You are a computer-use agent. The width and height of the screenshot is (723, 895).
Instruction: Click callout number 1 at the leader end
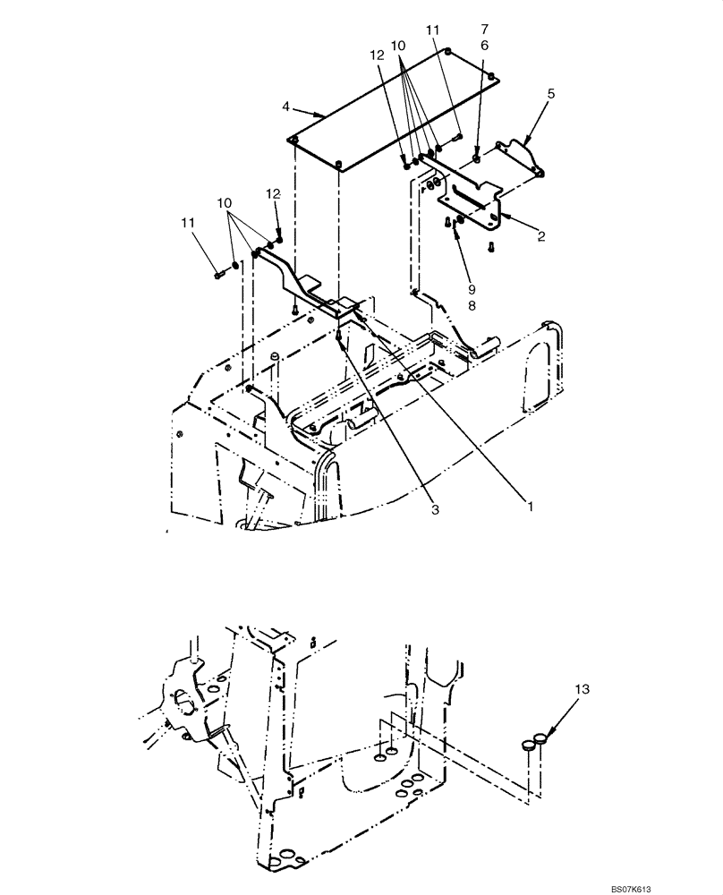tap(529, 507)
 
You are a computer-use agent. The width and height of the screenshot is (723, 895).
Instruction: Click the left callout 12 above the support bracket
tap(274, 193)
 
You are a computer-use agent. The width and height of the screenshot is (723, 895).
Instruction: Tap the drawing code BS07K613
tap(683, 884)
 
